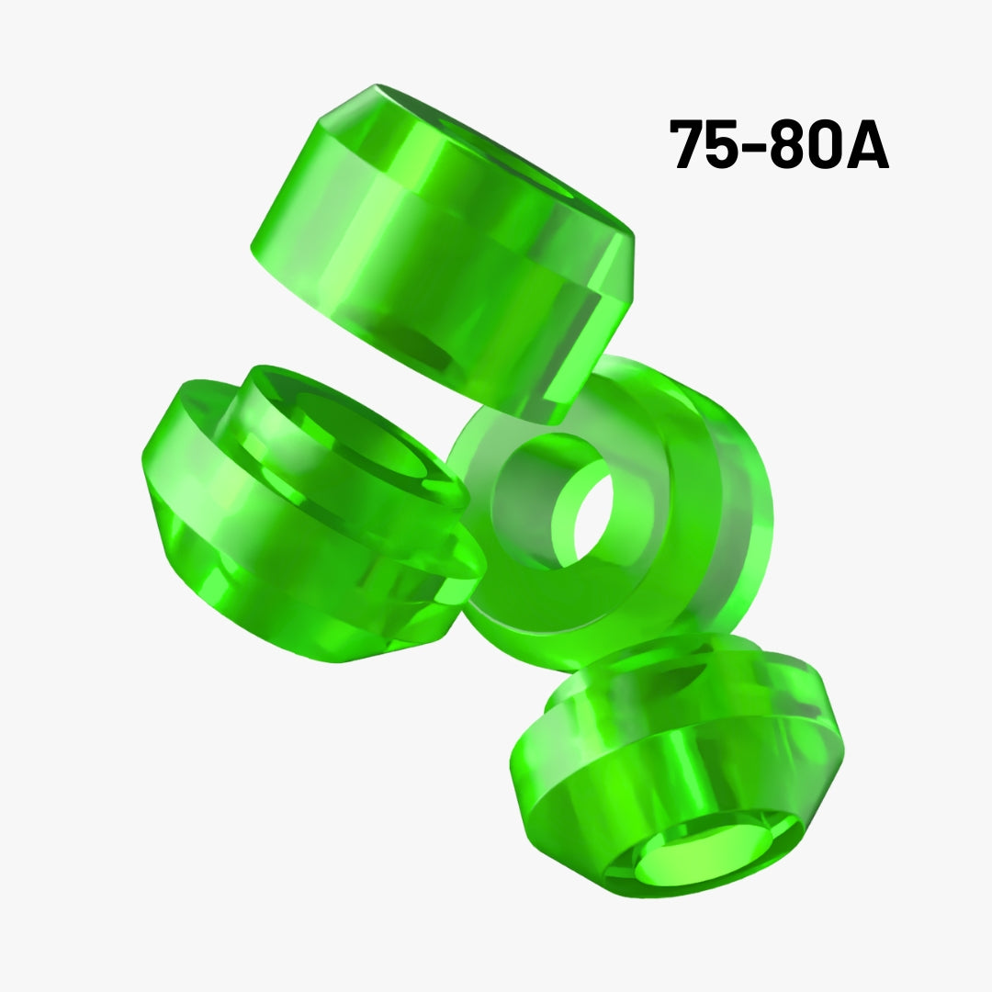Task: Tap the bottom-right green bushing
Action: point(677,765)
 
